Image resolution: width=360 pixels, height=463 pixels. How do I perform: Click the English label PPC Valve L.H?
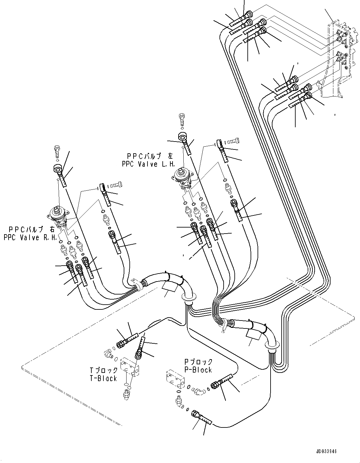148,163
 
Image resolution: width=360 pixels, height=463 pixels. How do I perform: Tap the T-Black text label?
103,378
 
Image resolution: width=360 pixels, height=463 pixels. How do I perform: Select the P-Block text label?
198,370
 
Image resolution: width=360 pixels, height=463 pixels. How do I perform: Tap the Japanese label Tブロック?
104,370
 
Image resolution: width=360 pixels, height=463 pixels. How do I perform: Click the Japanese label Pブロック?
199,362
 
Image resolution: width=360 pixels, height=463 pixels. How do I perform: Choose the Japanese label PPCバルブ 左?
151,156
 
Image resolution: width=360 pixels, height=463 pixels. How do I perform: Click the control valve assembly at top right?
341,57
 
